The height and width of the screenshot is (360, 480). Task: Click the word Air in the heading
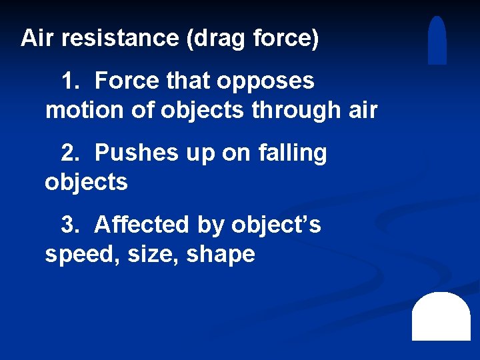pos(37,38)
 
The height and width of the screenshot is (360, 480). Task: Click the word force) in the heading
pos(287,39)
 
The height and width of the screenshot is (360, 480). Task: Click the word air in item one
pos(363,110)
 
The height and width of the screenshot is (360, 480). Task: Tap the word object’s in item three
pos(276,225)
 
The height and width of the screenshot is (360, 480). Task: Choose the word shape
pos(221,255)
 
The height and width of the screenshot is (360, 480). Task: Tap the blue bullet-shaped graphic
pos(437,41)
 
